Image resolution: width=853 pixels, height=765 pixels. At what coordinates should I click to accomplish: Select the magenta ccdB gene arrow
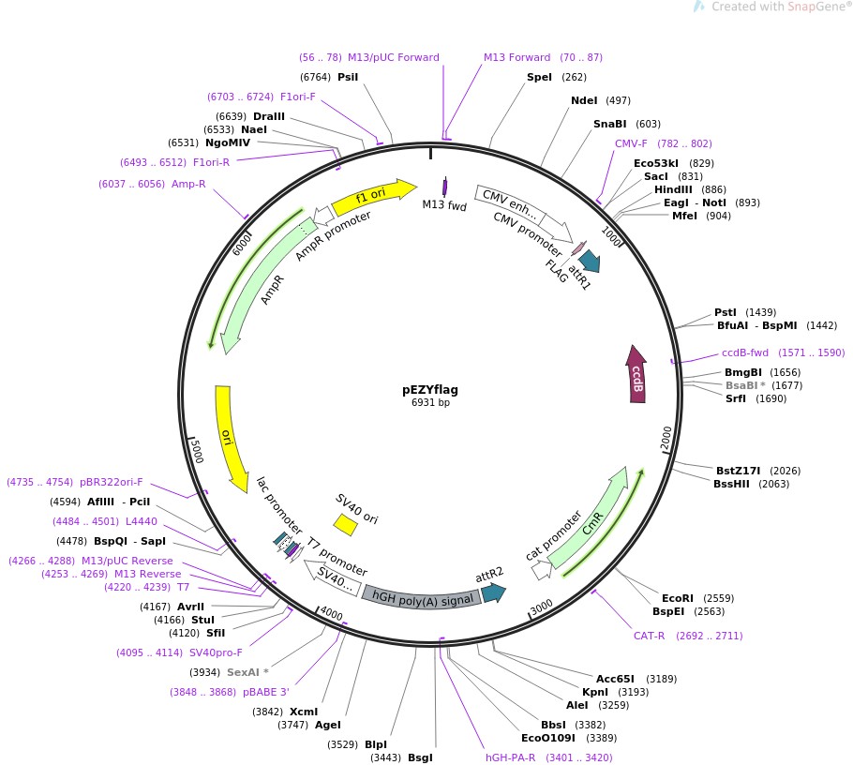click(637, 374)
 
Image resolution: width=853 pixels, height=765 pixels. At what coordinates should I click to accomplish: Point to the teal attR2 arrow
click(492, 592)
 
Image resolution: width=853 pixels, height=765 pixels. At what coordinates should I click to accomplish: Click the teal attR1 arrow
click(590, 261)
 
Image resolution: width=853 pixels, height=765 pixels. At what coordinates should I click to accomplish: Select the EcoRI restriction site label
click(677, 597)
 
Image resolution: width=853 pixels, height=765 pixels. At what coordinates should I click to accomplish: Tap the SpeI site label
click(539, 77)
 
